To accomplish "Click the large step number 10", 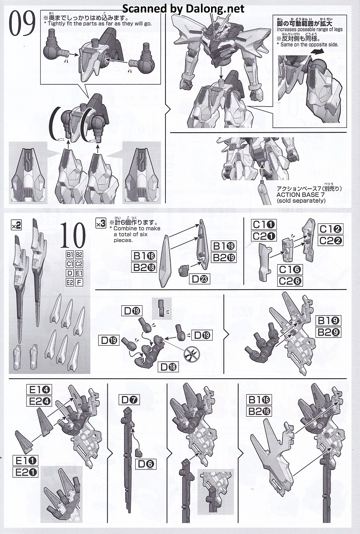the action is tap(73, 235).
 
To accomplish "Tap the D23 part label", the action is tap(199, 279).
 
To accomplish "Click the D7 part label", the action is tap(129, 400).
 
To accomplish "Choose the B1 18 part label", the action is tap(144, 256).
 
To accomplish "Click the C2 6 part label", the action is tap(290, 281).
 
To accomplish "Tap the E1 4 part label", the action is tap(39, 390).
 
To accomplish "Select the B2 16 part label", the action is tap(259, 411).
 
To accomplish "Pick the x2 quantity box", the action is tap(16, 225).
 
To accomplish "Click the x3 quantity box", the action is tap(100, 223).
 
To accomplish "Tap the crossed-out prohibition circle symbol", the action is tap(192, 353).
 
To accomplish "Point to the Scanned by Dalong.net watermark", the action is tap(183, 8).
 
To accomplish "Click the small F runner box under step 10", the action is tap(79, 282).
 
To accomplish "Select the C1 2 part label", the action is tap(331, 229).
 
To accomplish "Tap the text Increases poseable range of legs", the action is tap(310, 29).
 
